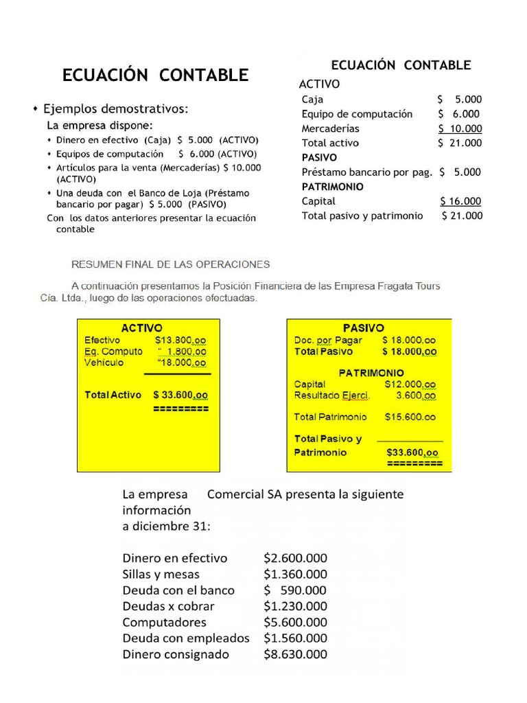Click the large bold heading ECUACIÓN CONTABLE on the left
(x=155, y=76)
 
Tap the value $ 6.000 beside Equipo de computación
(x=459, y=114)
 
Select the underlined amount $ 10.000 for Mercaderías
(x=460, y=128)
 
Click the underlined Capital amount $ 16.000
(x=460, y=201)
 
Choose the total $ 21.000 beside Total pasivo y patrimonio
(x=462, y=216)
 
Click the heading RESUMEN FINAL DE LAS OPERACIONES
(x=172, y=264)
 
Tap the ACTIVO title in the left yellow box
(x=141, y=328)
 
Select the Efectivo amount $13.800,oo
(x=180, y=340)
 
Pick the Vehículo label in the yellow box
(x=104, y=362)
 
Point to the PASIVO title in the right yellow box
(x=364, y=328)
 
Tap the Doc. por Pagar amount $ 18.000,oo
(x=409, y=340)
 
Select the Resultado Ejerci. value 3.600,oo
(x=415, y=396)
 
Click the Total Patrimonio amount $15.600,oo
(x=410, y=417)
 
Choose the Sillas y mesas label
(x=161, y=574)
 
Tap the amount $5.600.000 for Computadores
(x=295, y=622)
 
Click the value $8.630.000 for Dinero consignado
(x=295, y=654)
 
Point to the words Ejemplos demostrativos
(x=116, y=109)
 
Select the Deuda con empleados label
(x=186, y=638)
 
